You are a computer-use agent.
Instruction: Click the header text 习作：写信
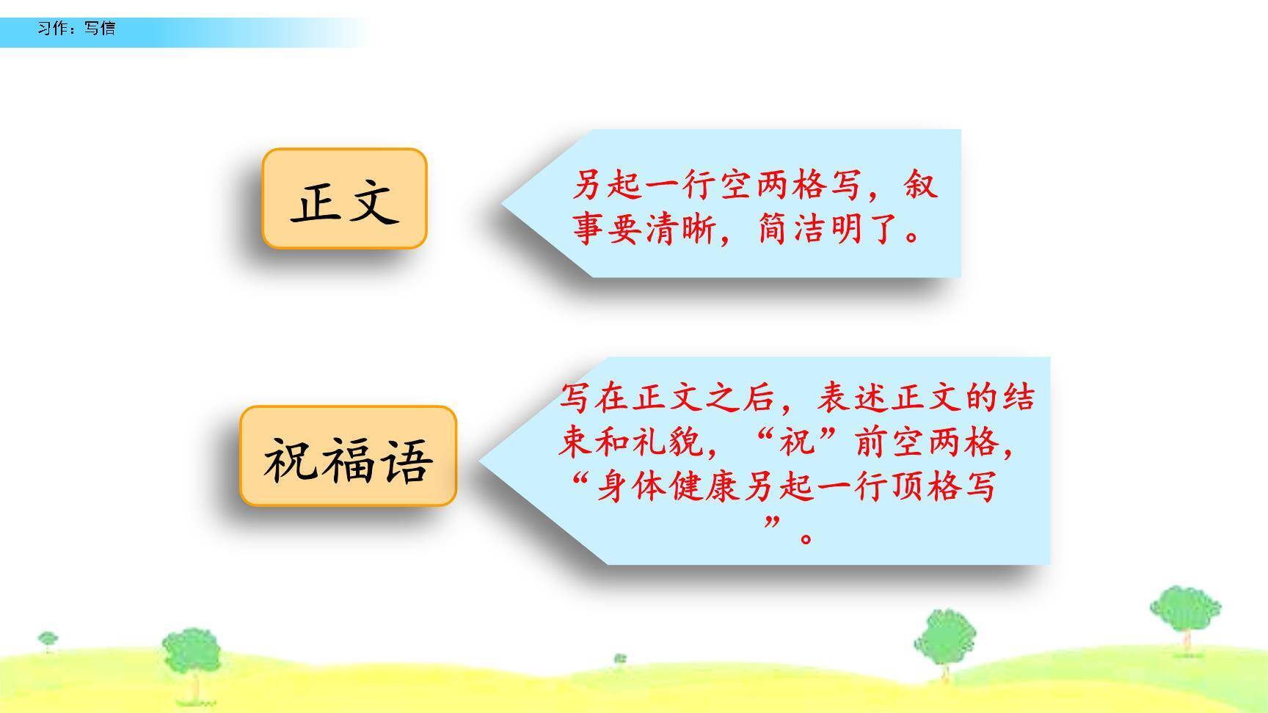tap(76, 29)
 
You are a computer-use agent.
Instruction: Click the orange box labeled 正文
tap(344, 199)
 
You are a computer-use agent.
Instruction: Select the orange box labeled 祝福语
tap(349, 456)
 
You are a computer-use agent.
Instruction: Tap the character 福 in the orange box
tap(349, 460)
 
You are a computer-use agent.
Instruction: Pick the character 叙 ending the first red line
tap(920, 184)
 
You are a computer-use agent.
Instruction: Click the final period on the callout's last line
tap(806, 538)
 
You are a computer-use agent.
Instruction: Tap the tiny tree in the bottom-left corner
tap(48, 641)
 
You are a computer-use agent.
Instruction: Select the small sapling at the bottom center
tap(620, 659)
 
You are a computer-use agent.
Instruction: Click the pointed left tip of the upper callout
tap(502, 203)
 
